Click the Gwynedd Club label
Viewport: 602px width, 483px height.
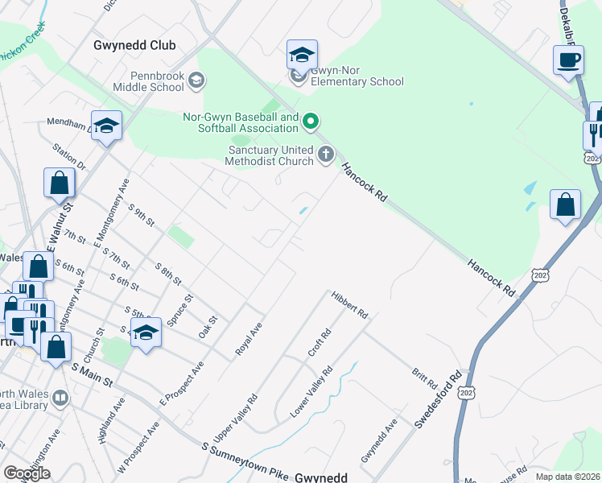(134, 45)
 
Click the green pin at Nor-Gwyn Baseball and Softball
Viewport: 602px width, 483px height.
(310, 122)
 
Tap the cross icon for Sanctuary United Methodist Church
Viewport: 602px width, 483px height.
(326, 155)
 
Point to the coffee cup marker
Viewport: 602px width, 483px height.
(568, 60)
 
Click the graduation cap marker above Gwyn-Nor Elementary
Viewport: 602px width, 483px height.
(302, 56)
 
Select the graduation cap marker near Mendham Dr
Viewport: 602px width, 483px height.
(106, 126)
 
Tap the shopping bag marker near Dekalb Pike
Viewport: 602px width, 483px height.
(566, 204)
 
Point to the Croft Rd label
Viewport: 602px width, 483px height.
(320, 344)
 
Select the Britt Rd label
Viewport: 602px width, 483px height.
(423, 378)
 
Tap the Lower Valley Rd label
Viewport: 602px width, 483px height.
(311, 392)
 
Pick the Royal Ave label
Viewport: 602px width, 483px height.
(249, 339)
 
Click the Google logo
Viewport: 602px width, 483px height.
(27, 473)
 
